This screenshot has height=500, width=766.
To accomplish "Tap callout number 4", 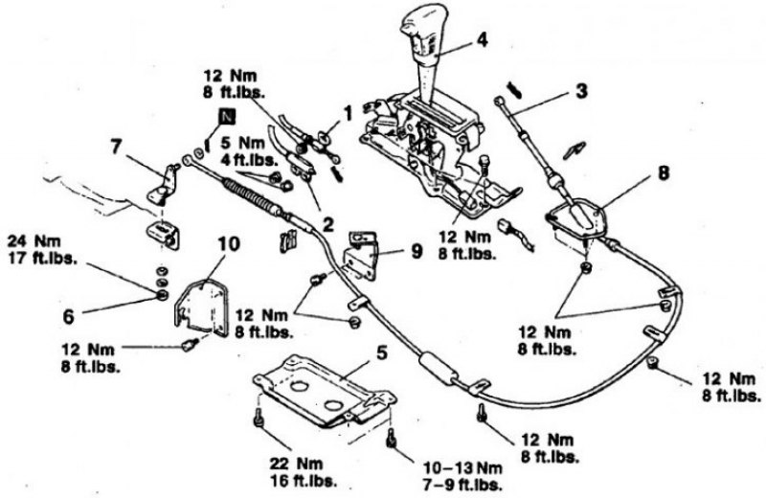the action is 482,39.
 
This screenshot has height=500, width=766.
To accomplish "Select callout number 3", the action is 581,91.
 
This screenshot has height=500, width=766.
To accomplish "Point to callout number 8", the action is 663,173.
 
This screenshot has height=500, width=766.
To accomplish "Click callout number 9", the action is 417,252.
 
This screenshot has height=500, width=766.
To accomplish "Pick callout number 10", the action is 229,243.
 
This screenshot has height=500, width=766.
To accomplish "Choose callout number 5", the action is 381,352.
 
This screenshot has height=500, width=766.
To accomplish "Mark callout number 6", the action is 68,316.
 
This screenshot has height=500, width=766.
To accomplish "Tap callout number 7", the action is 115,147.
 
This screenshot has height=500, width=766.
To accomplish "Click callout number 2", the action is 327,224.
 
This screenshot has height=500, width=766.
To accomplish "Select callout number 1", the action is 348,114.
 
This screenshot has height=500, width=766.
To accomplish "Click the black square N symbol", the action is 227,117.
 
